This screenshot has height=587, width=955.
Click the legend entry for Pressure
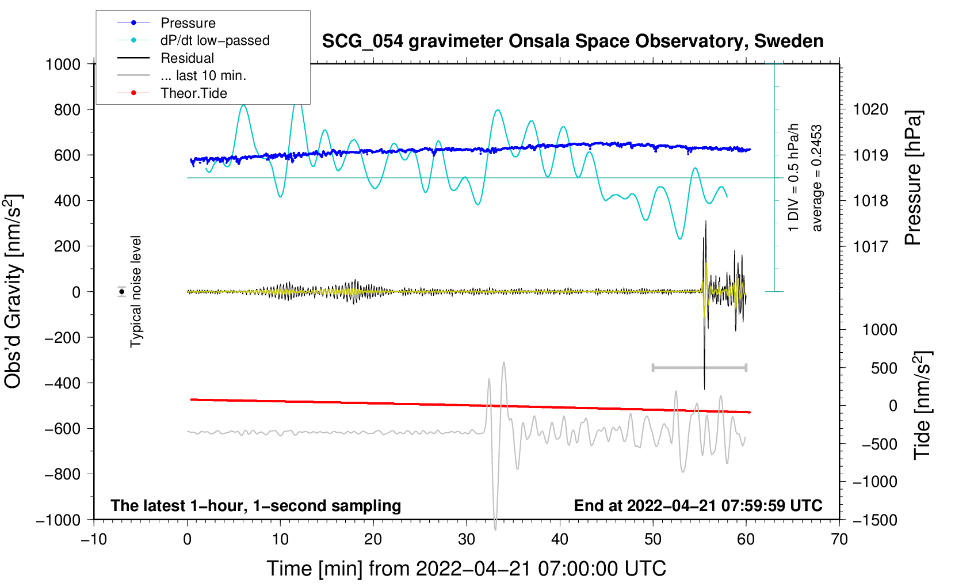pos(188,23)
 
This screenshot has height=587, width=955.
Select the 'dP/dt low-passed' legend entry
pos(215,40)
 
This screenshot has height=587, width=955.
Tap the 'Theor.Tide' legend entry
pos(193,93)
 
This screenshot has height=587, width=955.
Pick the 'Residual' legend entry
pos(187,58)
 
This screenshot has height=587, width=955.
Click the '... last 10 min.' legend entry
pos(203,75)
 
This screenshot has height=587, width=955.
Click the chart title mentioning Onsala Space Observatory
pos(572,41)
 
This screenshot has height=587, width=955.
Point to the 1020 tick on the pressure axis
pos(870,109)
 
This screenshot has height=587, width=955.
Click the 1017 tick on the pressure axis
pos(870,246)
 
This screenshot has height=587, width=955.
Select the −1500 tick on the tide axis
pos(874,520)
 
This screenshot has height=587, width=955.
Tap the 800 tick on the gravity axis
pos(67,109)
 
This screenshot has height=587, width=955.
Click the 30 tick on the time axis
pos(467,539)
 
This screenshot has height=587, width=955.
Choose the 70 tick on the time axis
pos(839,539)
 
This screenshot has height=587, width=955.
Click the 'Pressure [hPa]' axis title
pos(913,178)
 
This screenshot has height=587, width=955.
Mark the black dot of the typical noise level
pos(122,292)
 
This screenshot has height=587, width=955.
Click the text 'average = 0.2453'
pos(817,178)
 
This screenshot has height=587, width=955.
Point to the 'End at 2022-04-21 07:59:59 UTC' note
pos(698,505)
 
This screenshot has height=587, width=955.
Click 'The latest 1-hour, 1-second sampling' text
pos(255,505)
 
